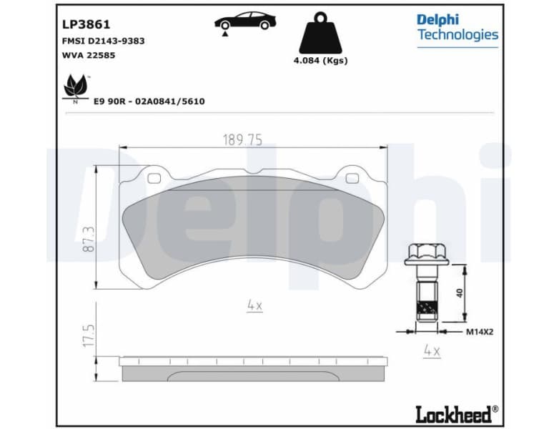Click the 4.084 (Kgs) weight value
tap(320, 61)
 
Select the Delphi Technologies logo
tap(457, 27)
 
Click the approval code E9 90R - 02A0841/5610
tap(149, 102)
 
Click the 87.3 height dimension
tap(89, 237)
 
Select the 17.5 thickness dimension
tap(89, 335)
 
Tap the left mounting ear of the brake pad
tap(154, 174)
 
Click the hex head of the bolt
tap(427, 254)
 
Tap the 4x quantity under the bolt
tap(431, 351)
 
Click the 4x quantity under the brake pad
tap(254, 305)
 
